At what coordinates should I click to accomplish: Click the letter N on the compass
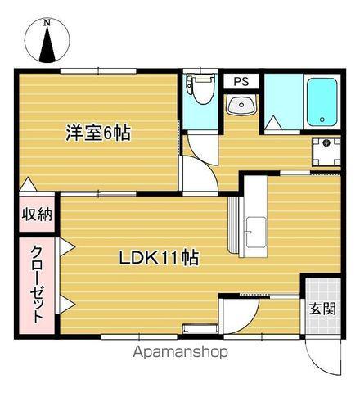[47, 24]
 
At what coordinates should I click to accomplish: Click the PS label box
[241, 81]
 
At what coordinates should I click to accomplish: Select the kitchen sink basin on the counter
[256, 231]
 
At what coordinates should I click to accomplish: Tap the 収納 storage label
[36, 215]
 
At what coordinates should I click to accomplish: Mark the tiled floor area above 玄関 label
[321, 288]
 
